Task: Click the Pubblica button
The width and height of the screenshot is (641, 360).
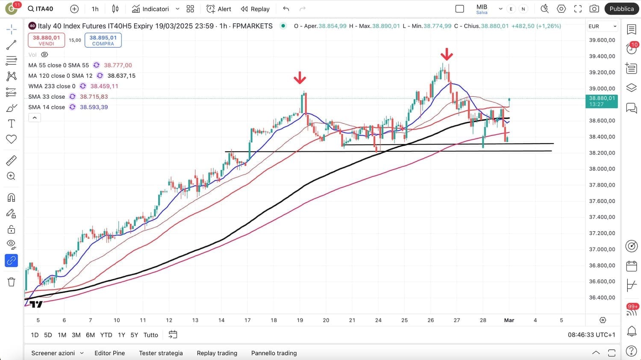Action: pos(621,9)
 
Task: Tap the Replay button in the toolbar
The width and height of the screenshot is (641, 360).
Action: pos(255,9)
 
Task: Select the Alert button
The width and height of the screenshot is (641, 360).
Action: pos(219,9)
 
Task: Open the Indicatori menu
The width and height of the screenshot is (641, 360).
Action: pos(150,9)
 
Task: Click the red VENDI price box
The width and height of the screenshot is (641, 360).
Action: pos(47,40)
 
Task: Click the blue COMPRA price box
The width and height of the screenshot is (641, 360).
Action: pos(103,40)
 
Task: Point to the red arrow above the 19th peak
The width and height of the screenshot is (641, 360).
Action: pos(300,78)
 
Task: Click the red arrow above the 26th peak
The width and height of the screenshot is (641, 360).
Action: pos(447,54)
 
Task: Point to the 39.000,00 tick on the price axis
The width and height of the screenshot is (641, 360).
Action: pos(602,89)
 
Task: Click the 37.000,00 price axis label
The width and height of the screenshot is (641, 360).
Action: pos(602,249)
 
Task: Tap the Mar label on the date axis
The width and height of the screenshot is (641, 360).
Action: pos(509,320)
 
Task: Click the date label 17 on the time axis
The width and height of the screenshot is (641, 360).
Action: pos(247,320)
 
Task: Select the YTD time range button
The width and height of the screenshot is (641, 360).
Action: pos(106,335)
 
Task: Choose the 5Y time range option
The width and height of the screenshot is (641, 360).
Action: pos(134,335)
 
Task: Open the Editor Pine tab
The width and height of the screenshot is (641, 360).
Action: pos(110,353)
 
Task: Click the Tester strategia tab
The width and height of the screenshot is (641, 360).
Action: pos(161,353)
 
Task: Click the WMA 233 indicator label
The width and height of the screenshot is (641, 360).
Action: pos(52,86)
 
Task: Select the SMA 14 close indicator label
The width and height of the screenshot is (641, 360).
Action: pos(47,107)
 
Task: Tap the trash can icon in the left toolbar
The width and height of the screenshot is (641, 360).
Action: pos(12,282)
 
